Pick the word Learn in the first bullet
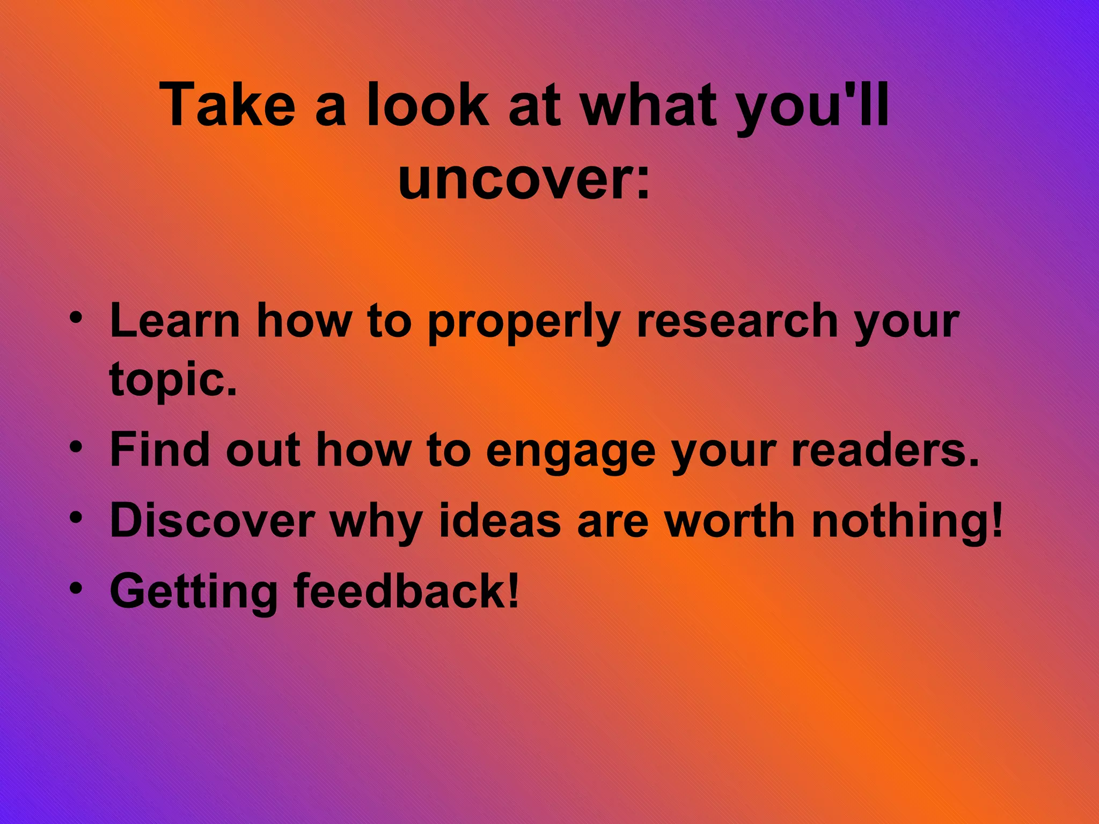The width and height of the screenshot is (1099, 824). point(175,321)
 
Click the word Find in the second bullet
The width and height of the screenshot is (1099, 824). point(159,450)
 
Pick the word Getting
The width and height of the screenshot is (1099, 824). point(194,592)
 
